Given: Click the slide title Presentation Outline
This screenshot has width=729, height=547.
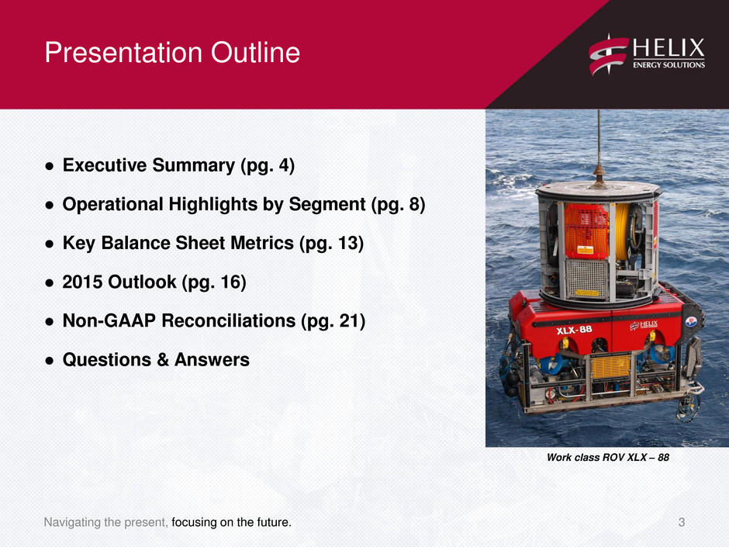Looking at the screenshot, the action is (172, 52).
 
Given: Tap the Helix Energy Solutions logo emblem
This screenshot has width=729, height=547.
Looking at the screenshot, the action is (609, 54).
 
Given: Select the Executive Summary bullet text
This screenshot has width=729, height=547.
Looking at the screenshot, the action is (178, 165).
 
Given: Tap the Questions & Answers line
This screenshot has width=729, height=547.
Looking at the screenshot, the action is (156, 359).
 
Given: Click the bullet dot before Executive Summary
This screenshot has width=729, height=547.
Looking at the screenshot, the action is (50, 166).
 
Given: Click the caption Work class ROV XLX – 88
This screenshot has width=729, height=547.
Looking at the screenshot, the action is (608, 457).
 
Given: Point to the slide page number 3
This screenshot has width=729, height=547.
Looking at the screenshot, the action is (682, 522).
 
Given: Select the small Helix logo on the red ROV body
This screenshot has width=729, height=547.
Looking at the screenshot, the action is (644, 326).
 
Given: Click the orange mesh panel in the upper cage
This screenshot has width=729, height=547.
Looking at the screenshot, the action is (586, 231).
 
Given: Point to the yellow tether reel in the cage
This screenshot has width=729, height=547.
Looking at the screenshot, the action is (622, 230).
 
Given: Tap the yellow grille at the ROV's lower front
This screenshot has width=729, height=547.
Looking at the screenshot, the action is (610, 367).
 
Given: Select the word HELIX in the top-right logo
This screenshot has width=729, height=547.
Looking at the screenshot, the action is (669, 48).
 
